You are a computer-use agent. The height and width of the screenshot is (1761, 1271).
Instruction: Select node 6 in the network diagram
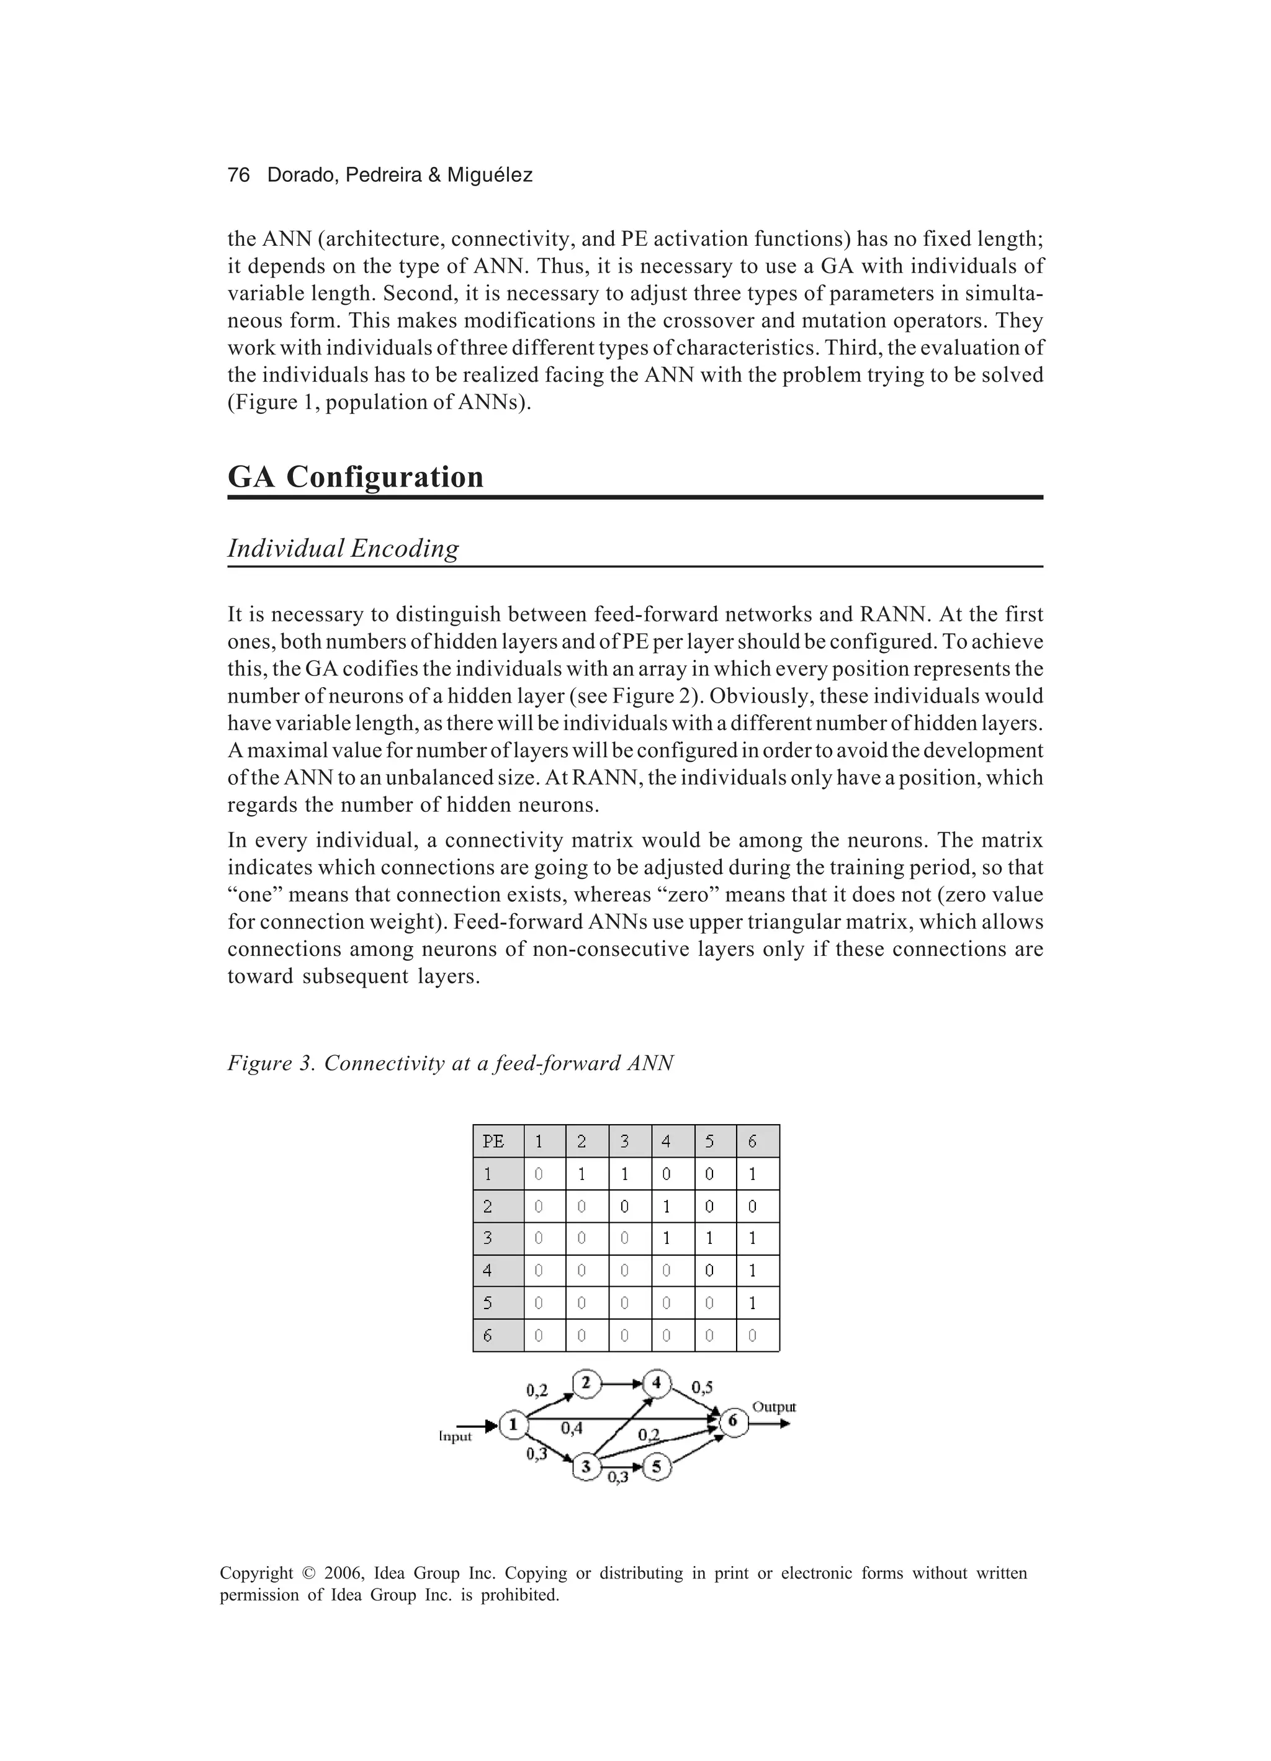click(733, 1421)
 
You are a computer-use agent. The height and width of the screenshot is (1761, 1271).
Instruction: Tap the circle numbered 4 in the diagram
click(657, 1383)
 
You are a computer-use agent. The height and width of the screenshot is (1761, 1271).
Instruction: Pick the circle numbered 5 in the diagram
click(657, 1467)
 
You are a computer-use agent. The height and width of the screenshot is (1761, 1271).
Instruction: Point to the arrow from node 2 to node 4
click(621, 1384)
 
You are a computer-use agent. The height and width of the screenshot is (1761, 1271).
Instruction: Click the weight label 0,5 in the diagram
click(702, 1387)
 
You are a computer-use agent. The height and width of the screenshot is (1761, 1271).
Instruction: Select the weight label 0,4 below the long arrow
click(572, 1428)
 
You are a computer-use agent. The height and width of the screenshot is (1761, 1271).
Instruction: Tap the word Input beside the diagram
click(455, 1437)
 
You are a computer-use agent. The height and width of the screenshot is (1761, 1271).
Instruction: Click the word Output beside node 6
click(774, 1407)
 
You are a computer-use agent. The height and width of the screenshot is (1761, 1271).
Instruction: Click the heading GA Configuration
click(356, 476)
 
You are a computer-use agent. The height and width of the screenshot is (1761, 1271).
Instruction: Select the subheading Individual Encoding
click(343, 548)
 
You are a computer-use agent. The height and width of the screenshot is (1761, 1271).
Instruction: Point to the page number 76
click(238, 176)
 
